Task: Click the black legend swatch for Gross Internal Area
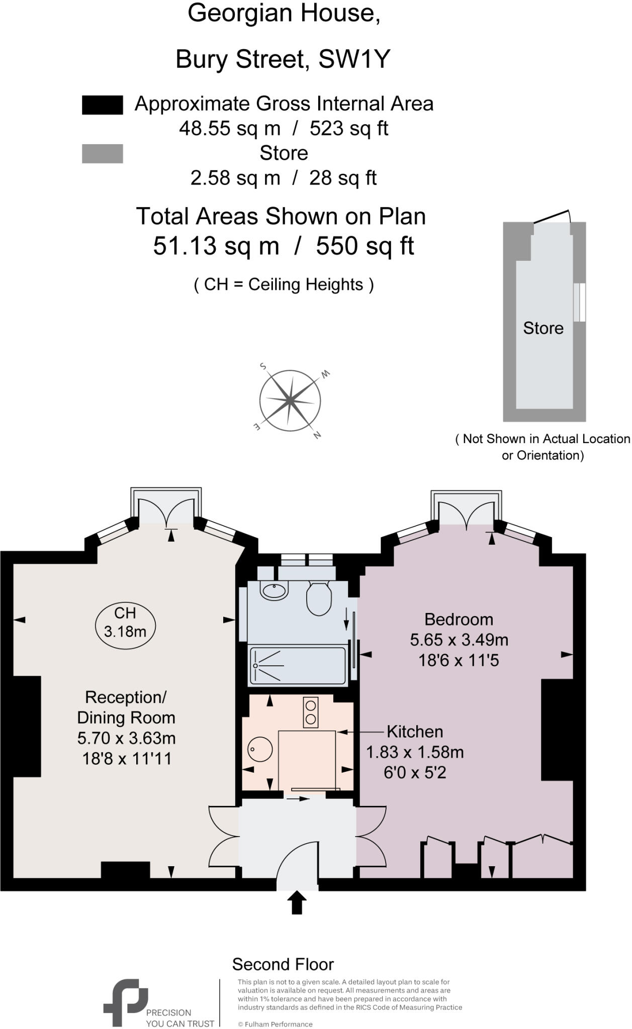(102, 105)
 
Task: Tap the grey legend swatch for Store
(102, 154)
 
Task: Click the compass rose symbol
(290, 400)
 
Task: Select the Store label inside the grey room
(543, 328)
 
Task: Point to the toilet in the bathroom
(319, 599)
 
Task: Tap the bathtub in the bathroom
(298, 666)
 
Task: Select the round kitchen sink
(260, 750)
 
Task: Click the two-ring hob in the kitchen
(310, 712)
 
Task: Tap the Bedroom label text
(459, 619)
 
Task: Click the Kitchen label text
(415, 731)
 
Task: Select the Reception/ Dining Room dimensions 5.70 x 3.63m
(126, 738)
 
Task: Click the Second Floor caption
(283, 964)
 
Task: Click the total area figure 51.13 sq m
(216, 246)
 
